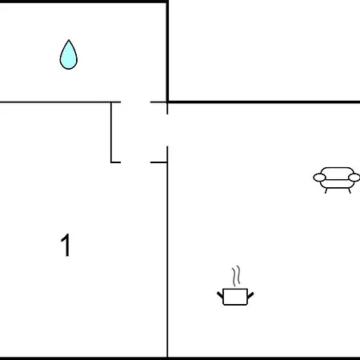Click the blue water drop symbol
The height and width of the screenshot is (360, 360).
69,55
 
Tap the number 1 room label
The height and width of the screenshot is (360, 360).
66,245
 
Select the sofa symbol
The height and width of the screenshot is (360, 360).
337,180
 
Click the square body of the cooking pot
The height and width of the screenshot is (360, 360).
235,297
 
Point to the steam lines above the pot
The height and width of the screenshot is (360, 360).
236,276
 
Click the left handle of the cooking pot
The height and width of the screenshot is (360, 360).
220,295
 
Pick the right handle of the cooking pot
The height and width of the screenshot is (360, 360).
250,295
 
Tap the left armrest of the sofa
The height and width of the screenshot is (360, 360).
319,178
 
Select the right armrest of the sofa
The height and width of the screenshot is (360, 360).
354,178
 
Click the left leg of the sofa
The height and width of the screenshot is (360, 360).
326,190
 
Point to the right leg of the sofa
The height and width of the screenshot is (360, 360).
350,190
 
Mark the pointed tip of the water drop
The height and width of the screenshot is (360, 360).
69,40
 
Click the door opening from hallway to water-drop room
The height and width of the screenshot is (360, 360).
136,102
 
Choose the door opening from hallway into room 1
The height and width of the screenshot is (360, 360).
136,162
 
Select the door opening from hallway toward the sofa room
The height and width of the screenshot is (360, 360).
167,130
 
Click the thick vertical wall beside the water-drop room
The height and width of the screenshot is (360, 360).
167,51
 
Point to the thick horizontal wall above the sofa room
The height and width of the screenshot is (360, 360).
263,102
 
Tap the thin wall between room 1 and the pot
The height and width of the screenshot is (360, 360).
167,260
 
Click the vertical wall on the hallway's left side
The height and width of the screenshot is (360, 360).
111,132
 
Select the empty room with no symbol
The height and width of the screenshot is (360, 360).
264,50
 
